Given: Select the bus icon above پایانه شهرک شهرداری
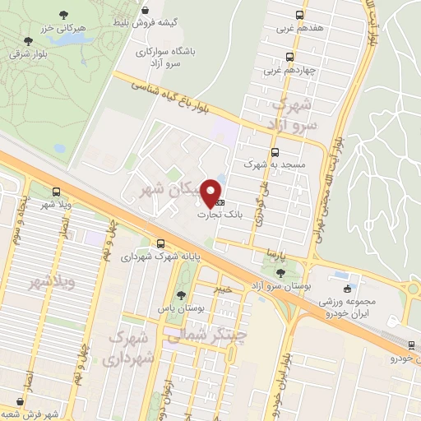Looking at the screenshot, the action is (160, 243).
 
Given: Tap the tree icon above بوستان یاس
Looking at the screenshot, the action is (182, 296).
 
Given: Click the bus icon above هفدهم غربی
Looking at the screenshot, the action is (299, 14).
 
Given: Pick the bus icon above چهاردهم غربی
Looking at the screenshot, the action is (289, 57).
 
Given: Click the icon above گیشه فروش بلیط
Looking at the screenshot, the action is (146, 10).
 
